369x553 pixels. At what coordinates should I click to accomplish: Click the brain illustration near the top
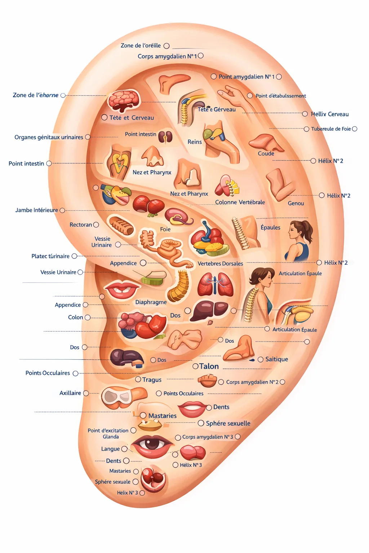(124, 100)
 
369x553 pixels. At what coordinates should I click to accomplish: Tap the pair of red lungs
(215, 284)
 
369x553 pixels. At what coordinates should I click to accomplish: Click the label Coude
(266, 153)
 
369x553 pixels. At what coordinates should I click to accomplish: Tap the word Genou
(296, 203)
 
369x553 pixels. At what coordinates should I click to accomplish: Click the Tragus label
(152, 380)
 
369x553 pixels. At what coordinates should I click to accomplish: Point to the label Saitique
(276, 359)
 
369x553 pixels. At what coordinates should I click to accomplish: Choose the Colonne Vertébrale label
(240, 202)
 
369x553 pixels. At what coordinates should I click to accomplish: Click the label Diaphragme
(151, 302)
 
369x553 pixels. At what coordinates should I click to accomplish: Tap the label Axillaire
(70, 393)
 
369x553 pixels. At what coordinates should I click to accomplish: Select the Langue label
(110, 449)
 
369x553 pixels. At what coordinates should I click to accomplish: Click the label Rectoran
(81, 225)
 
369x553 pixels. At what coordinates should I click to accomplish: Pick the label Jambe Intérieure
(36, 210)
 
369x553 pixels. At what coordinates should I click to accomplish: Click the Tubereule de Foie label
(331, 129)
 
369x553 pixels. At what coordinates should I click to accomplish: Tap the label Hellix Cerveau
(330, 114)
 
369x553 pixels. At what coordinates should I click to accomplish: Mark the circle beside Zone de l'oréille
(166, 46)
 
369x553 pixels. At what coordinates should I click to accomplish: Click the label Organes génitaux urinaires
(49, 137)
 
